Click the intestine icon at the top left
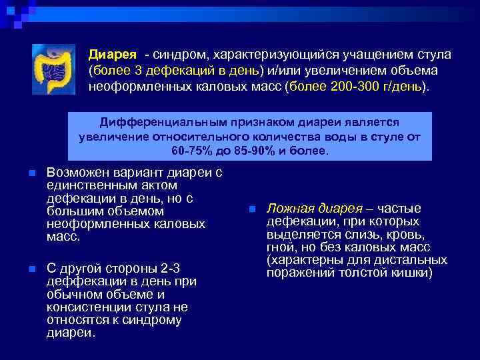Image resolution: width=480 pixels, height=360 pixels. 56,69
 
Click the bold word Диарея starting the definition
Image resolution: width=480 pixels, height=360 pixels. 113,54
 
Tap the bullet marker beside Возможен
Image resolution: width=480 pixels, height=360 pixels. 31,174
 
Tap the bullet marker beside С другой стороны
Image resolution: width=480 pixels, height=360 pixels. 31,269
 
